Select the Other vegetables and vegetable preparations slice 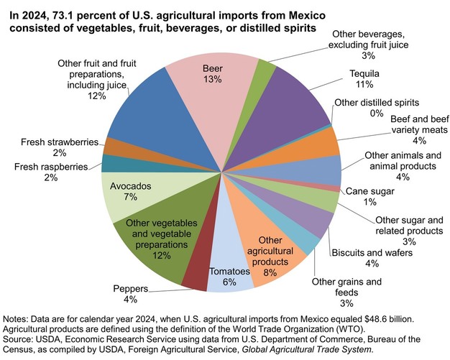click(x=155, y=237)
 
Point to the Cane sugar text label click(x=369, y=191)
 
